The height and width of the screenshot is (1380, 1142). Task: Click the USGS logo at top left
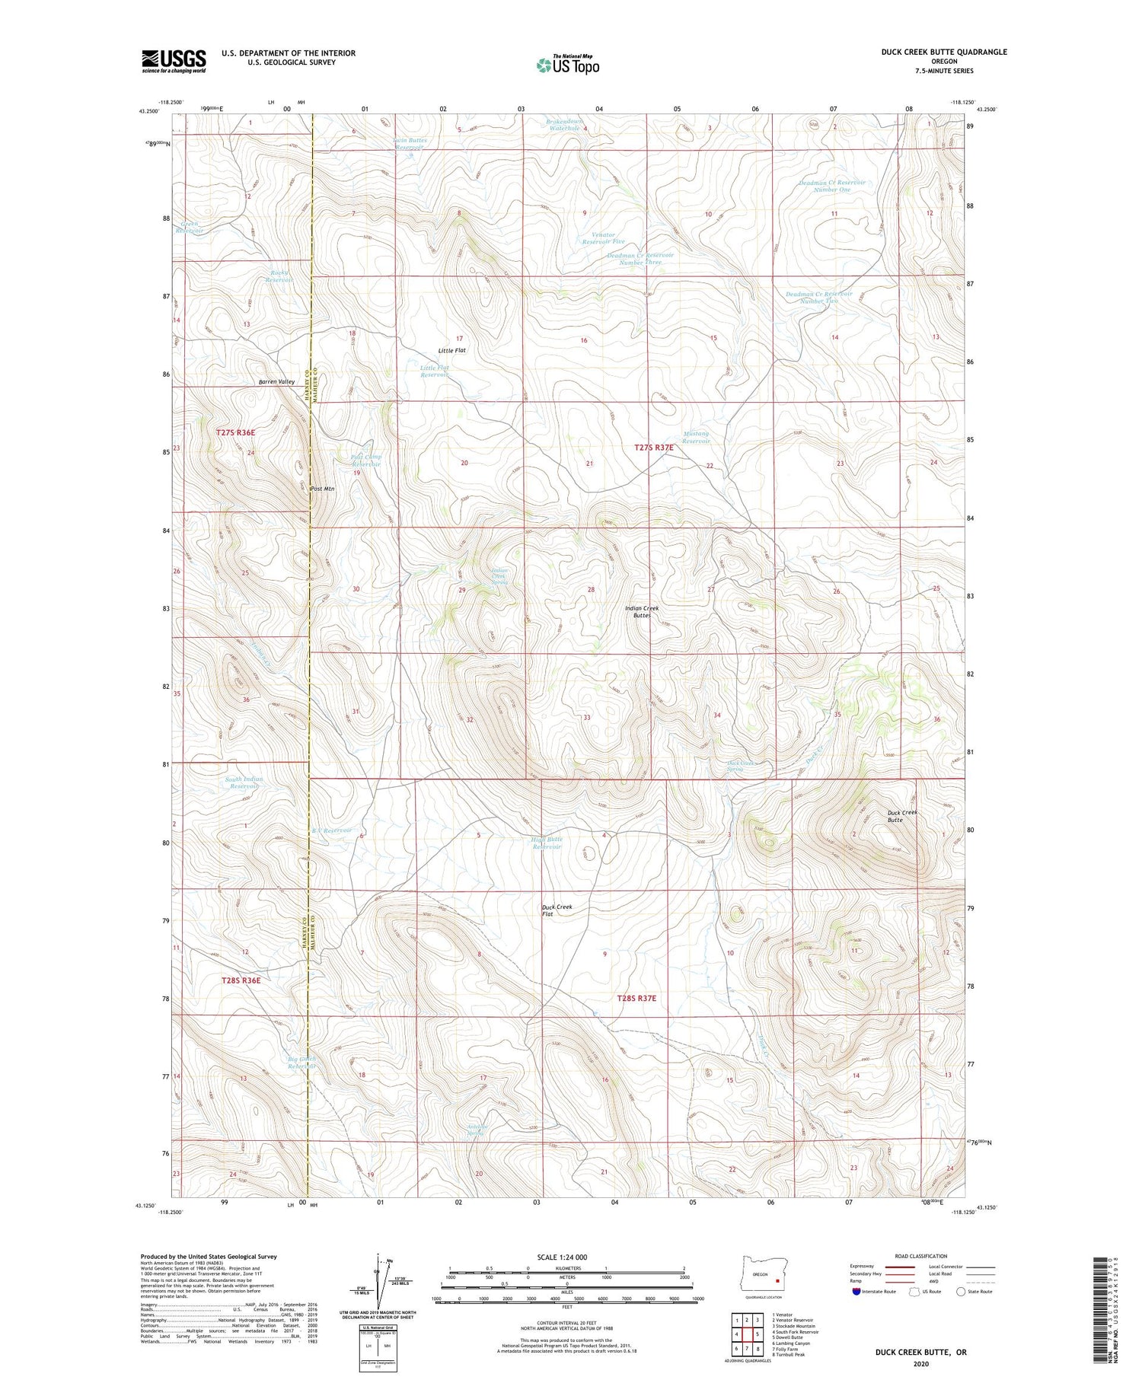click(174, 61)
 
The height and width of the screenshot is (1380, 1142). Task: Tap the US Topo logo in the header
click(567, 65)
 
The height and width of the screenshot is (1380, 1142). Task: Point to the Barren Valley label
click(276, 381)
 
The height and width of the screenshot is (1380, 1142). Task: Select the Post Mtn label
click(323, 489)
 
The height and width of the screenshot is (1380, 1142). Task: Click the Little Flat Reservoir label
click(435, 371)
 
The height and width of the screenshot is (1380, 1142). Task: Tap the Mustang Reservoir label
click(696, 437)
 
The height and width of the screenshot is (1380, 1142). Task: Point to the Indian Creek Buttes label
click(641, 611)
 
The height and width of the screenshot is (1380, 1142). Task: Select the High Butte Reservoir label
click(546, 843)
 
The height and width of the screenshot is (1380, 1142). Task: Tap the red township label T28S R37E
click(636, 997)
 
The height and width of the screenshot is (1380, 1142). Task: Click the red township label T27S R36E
click(235, 432)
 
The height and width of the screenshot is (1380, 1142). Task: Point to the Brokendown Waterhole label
click(565, 125)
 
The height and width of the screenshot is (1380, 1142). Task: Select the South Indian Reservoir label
click(243, 782)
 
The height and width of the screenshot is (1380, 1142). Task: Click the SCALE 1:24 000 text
click(562, 1257)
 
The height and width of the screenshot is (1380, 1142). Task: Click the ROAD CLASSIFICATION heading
click(921, 1256)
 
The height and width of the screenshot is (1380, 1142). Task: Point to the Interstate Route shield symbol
click(857, 1291)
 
